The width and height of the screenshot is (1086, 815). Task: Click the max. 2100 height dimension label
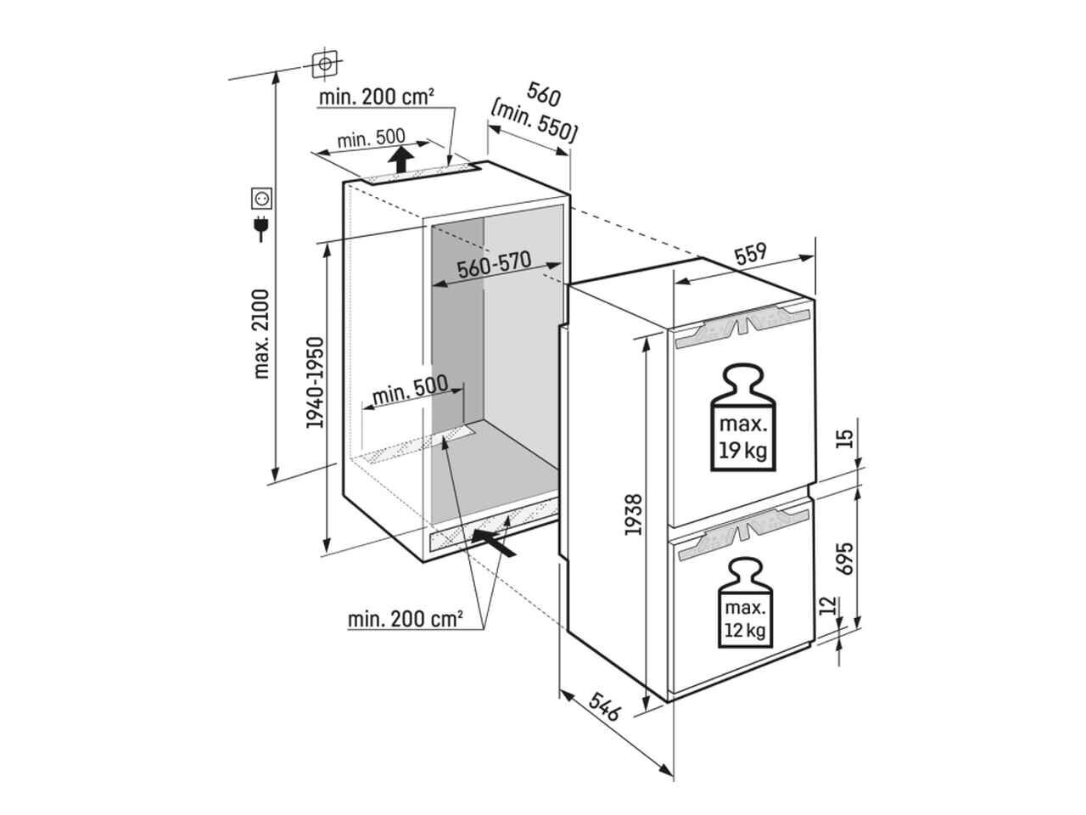(x=260, y=334)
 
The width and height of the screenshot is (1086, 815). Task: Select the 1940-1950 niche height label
(x=314, y=383)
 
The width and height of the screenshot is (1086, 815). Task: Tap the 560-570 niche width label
(x=494, y=266)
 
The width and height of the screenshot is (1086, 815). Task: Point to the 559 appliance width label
(x=750, y=253)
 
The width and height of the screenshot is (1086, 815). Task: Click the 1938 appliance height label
(x=633, y=514)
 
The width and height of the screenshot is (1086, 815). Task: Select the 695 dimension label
(x=844, y=558)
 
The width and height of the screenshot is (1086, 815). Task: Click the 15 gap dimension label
(x=844, y=438)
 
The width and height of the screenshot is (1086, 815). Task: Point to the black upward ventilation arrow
(x=400, y=159)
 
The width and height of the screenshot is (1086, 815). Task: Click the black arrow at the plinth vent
(x=493, y=542)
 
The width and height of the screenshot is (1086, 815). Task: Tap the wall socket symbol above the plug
(x=261, y=199)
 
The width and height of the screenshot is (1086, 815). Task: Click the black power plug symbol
(x=261, y=228)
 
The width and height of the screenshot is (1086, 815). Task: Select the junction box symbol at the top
(x=325, y=65)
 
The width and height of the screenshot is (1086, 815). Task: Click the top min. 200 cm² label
(x=377, y=97)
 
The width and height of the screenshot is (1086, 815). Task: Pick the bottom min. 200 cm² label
(x=406, y=619)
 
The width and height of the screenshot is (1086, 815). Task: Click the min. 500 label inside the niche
(x=410, y=391)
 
